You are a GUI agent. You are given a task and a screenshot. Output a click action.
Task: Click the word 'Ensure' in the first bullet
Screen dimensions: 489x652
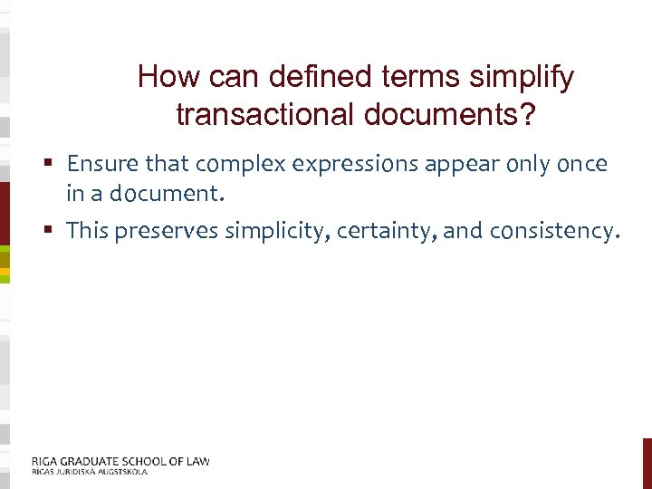click(x=99, y=164)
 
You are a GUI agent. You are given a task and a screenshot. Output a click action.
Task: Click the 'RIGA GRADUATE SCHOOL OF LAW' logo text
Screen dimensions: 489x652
click(x=120, y=461)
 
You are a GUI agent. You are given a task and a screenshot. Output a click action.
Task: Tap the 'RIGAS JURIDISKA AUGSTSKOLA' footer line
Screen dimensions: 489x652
click(x=89, y=472)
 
